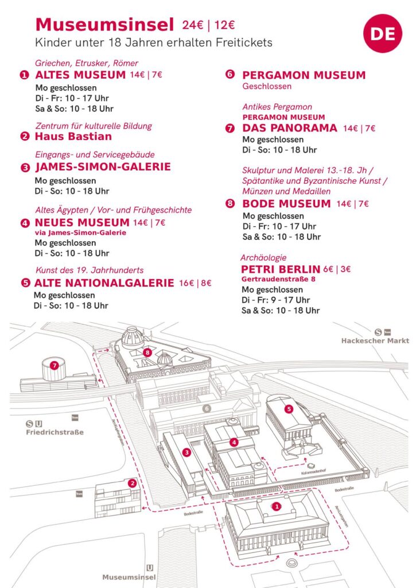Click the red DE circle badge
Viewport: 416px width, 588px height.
pyautogui.click(x=383, y=34)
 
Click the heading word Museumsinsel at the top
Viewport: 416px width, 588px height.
pyautogui.click(x=104, y=25)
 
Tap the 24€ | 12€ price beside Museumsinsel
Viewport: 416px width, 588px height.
pyautogui.click(x=208, y=25)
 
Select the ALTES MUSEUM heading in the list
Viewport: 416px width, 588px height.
pyautogui.click(x=80, y=75)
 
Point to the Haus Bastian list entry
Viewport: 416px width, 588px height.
pyautogui.click(x=73, y=137)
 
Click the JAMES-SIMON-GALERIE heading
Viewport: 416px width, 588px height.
pyautogui.click(x=103, y=167)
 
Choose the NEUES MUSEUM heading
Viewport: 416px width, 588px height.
pyautogui.click(x=82, y=222)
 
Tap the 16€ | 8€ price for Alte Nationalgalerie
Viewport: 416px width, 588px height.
pyautogui.click(x=195, y=283)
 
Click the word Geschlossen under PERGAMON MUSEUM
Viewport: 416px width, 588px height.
pyautogui.click(x=267, y=87)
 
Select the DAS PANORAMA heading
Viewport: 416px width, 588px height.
pyautogui.click(x=290, y=128)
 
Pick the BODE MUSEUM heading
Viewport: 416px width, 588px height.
pyautogui.click(x=286, y=203)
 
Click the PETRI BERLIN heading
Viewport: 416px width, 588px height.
pyautogui.click(x=280, y=269)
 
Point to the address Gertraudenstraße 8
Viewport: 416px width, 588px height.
pyautogui.click(x=279, y=279)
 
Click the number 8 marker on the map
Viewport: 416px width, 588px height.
pyautogui.click(x=147, y=352)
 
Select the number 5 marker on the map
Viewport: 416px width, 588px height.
pyautogui.click(x=289, y=408)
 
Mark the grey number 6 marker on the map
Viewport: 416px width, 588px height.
pyautogui.click(x=207, y=408)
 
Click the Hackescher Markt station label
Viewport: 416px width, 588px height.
pyautogui.click(x=375, y=341)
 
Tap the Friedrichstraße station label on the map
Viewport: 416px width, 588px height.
pyautogui.click(x=55, y=432)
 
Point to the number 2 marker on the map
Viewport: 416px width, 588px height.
pyautogui.click(x=133, y=483)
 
